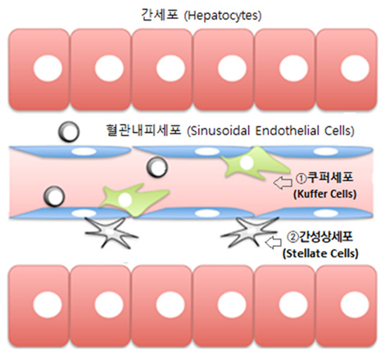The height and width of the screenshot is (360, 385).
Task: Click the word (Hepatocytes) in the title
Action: tap(223, 16)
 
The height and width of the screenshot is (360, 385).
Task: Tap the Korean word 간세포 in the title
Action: tap(160, 15)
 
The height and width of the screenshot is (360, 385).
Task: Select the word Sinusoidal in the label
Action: tap(219, 130)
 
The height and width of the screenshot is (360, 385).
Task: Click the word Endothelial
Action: tap(288, 130)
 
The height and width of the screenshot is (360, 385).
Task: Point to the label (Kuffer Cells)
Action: tap(325, 194)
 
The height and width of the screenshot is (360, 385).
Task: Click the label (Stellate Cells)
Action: tap(320, 253)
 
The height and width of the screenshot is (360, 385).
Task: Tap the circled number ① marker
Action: tap(301, 178)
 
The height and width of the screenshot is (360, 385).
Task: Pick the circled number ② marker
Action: tap(292, 237)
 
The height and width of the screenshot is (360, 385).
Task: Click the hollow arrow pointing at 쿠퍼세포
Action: tap(283, 183)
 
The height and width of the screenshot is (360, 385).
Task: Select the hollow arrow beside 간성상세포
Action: tap(274, 242)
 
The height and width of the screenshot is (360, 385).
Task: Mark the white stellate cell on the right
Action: tap(249, 232)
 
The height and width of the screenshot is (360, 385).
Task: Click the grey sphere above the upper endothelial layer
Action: tap(69, 131)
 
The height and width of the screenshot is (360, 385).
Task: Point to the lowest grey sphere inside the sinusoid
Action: tap(54, 196)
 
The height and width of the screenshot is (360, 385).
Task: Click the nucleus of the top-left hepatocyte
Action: tap(48, 68)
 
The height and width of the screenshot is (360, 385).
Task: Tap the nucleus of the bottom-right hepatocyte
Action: tap(355, 305)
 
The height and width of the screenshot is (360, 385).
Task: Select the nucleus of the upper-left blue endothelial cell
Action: tap(84, 152)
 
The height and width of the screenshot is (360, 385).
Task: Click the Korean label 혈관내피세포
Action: tap(143, 130)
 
